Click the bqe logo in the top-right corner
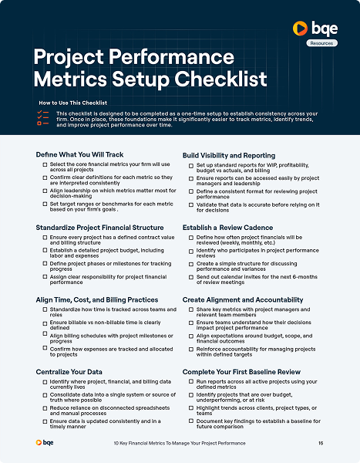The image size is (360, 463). point(316,29)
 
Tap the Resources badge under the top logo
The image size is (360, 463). point(322,44)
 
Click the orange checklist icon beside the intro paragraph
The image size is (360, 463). point(42,117)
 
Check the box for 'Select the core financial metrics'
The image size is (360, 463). point(45,165)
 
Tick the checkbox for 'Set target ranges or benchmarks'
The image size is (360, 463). point(45,204)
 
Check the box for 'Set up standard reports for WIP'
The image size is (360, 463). point(191,165)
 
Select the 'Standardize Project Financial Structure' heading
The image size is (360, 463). point(99,228)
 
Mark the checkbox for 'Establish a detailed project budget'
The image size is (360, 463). point(45,250)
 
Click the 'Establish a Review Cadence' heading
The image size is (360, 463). point(227,228)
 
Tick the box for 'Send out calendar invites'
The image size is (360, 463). point(191,277)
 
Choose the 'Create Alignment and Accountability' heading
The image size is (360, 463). point(243,299)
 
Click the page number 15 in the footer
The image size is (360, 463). point(321,443)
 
